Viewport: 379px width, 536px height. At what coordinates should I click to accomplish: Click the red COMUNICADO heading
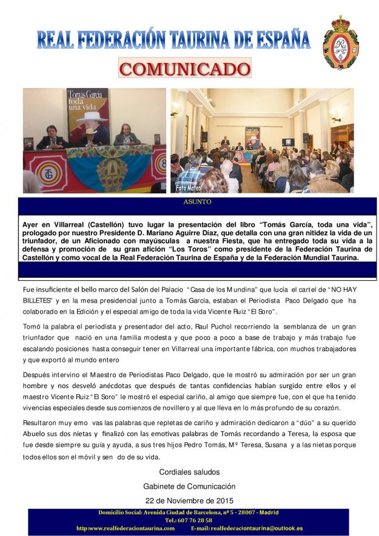tap(185, 68)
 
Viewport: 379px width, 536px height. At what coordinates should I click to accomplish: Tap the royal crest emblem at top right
tap(341, 42)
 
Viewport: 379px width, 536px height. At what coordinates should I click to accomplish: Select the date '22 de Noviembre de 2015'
tap(189, 500)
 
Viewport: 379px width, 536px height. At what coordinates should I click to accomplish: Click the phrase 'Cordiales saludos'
tap(189, 472)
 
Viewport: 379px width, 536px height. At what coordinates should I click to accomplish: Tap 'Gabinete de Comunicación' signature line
tap(189, 486)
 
